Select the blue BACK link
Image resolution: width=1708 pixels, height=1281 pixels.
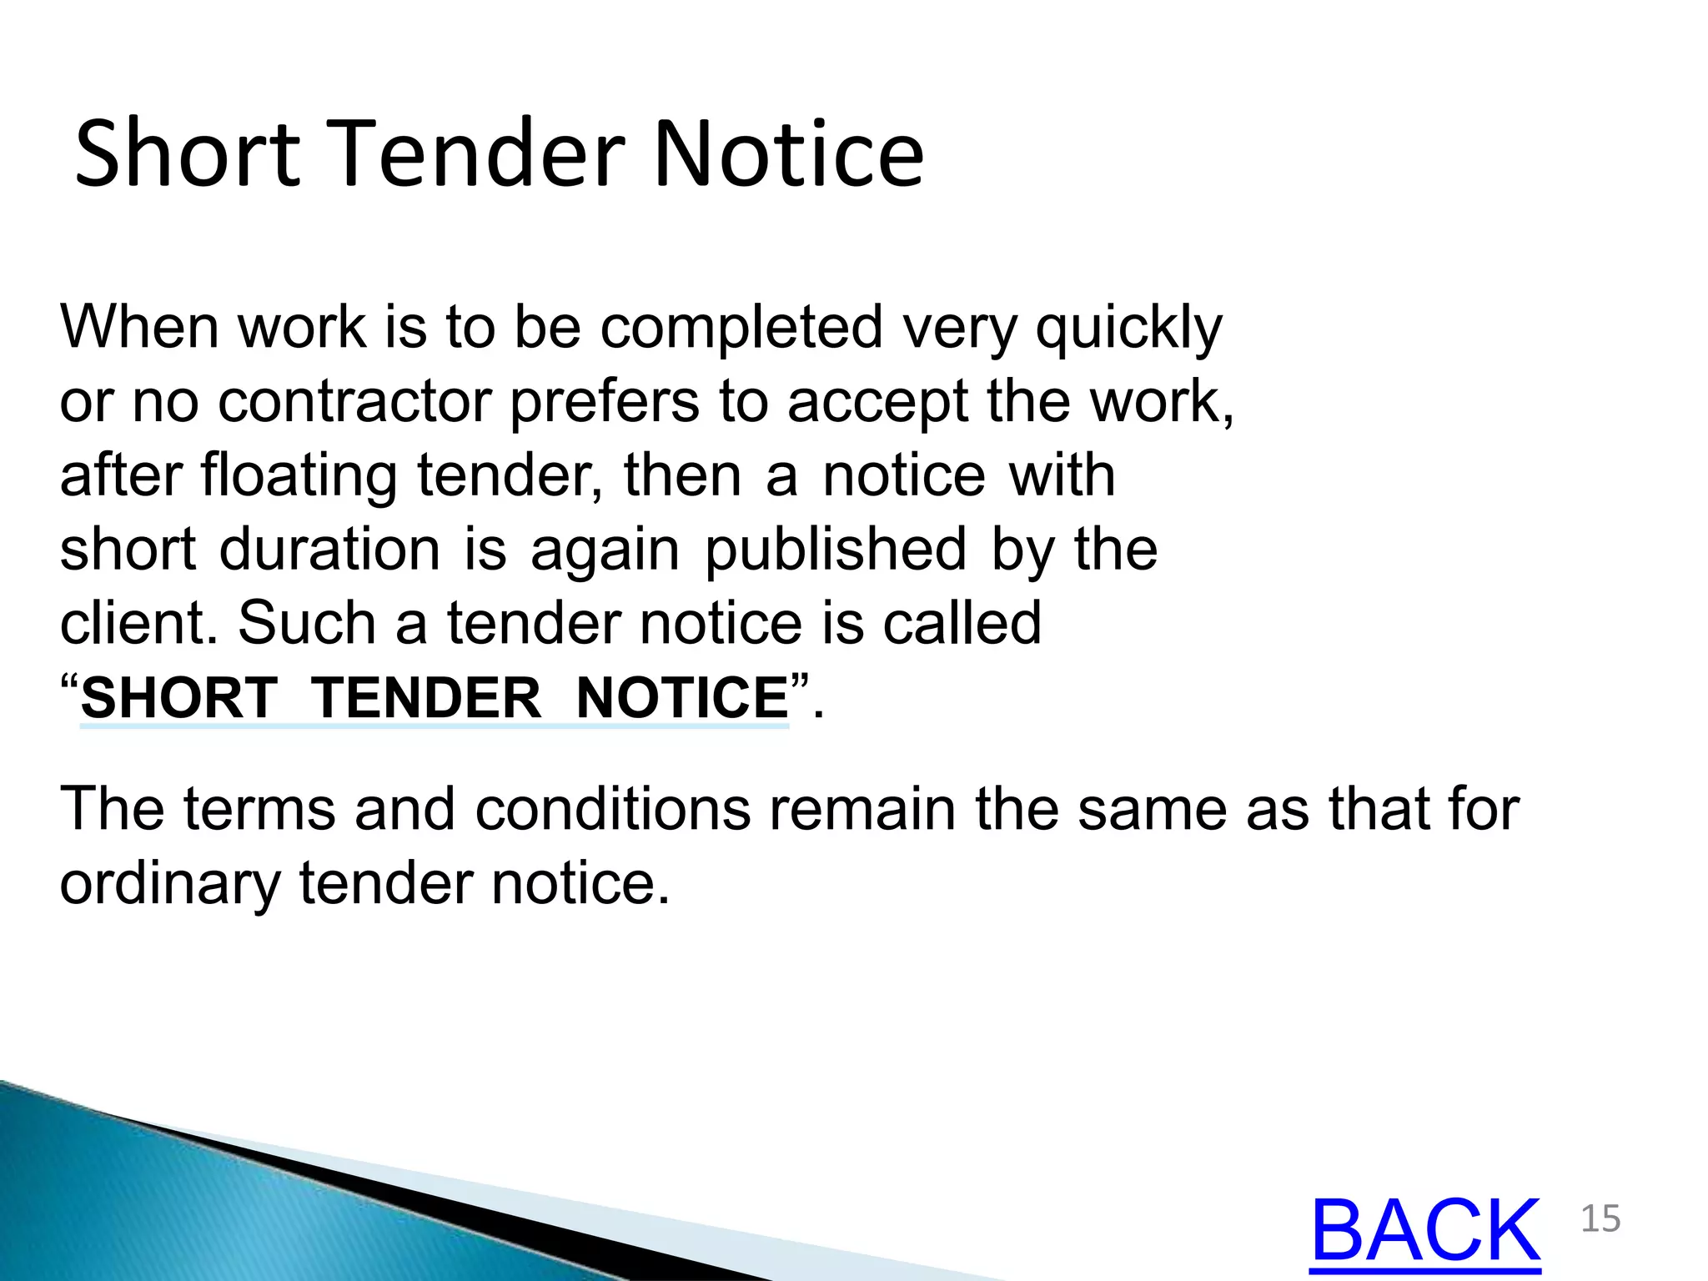[1425, 1231]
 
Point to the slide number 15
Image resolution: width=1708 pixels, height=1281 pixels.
[1600, 1219]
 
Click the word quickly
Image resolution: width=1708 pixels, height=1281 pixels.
[1128, 328]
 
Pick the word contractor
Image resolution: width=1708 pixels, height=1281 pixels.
[354, 402]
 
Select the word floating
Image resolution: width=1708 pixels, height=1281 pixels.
[298, 476]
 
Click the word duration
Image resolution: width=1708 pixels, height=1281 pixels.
[329, 550]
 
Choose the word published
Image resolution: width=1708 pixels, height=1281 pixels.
[836, 551]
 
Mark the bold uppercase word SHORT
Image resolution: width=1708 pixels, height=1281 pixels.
[178, 697]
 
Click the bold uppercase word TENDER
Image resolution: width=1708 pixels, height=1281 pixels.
[426, 697]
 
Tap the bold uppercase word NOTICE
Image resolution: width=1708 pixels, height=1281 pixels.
[682, 697]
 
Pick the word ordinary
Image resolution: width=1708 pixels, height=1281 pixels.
[170, 884]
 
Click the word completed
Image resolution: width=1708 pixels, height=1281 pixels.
[741, 328]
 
